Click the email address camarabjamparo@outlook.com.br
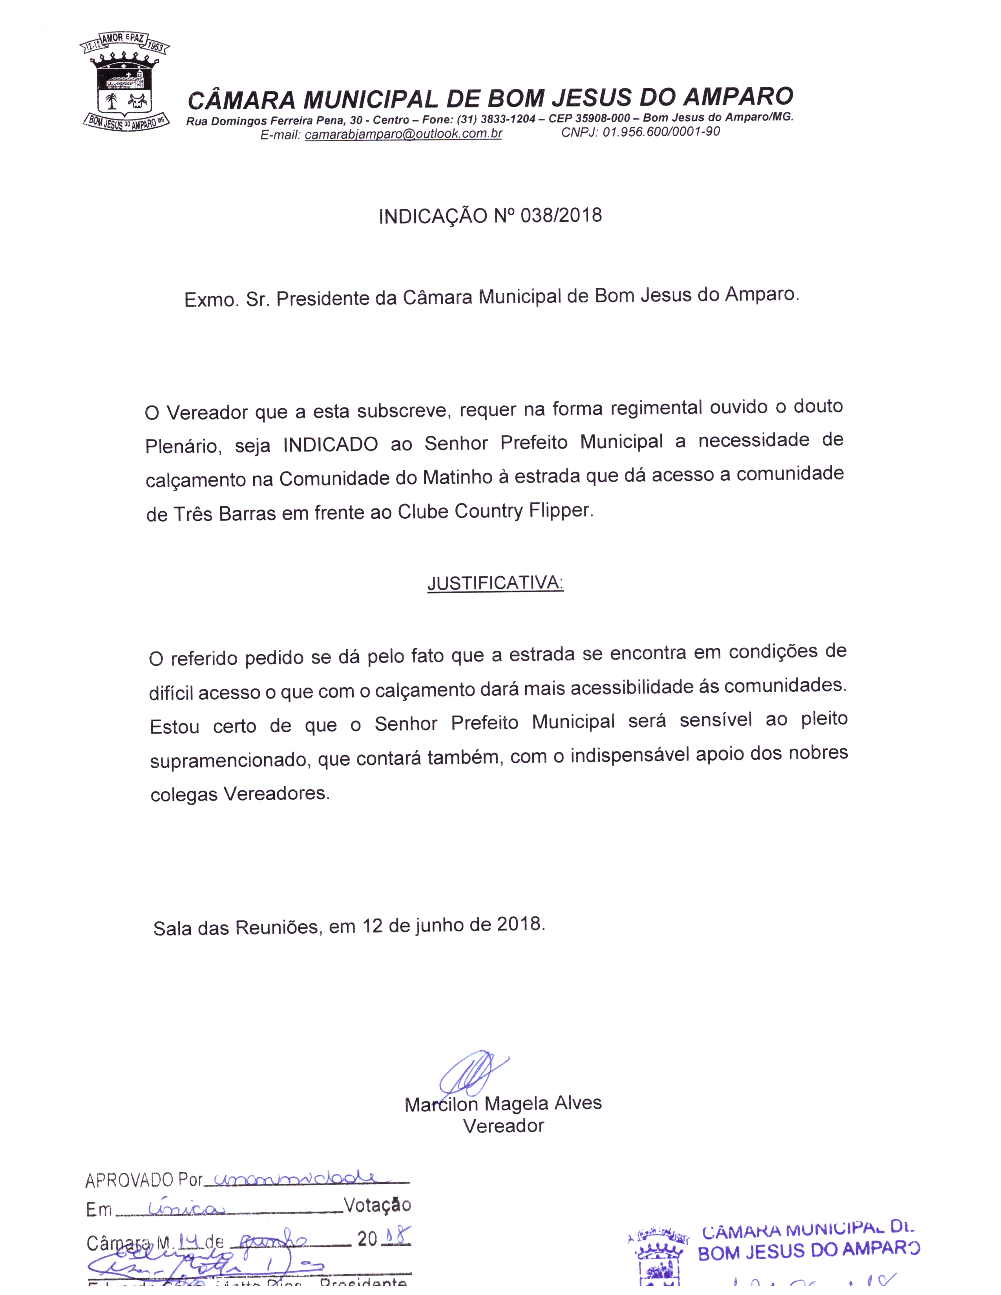[403, 134]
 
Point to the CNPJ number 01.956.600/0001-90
[661, 131]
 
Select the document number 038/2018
[561, 215]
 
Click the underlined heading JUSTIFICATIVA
[495, 583]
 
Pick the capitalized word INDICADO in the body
[330, 444]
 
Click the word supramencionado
[230, 760]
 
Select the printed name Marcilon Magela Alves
[503, 1104]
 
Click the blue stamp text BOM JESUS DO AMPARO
[808, 1251]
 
